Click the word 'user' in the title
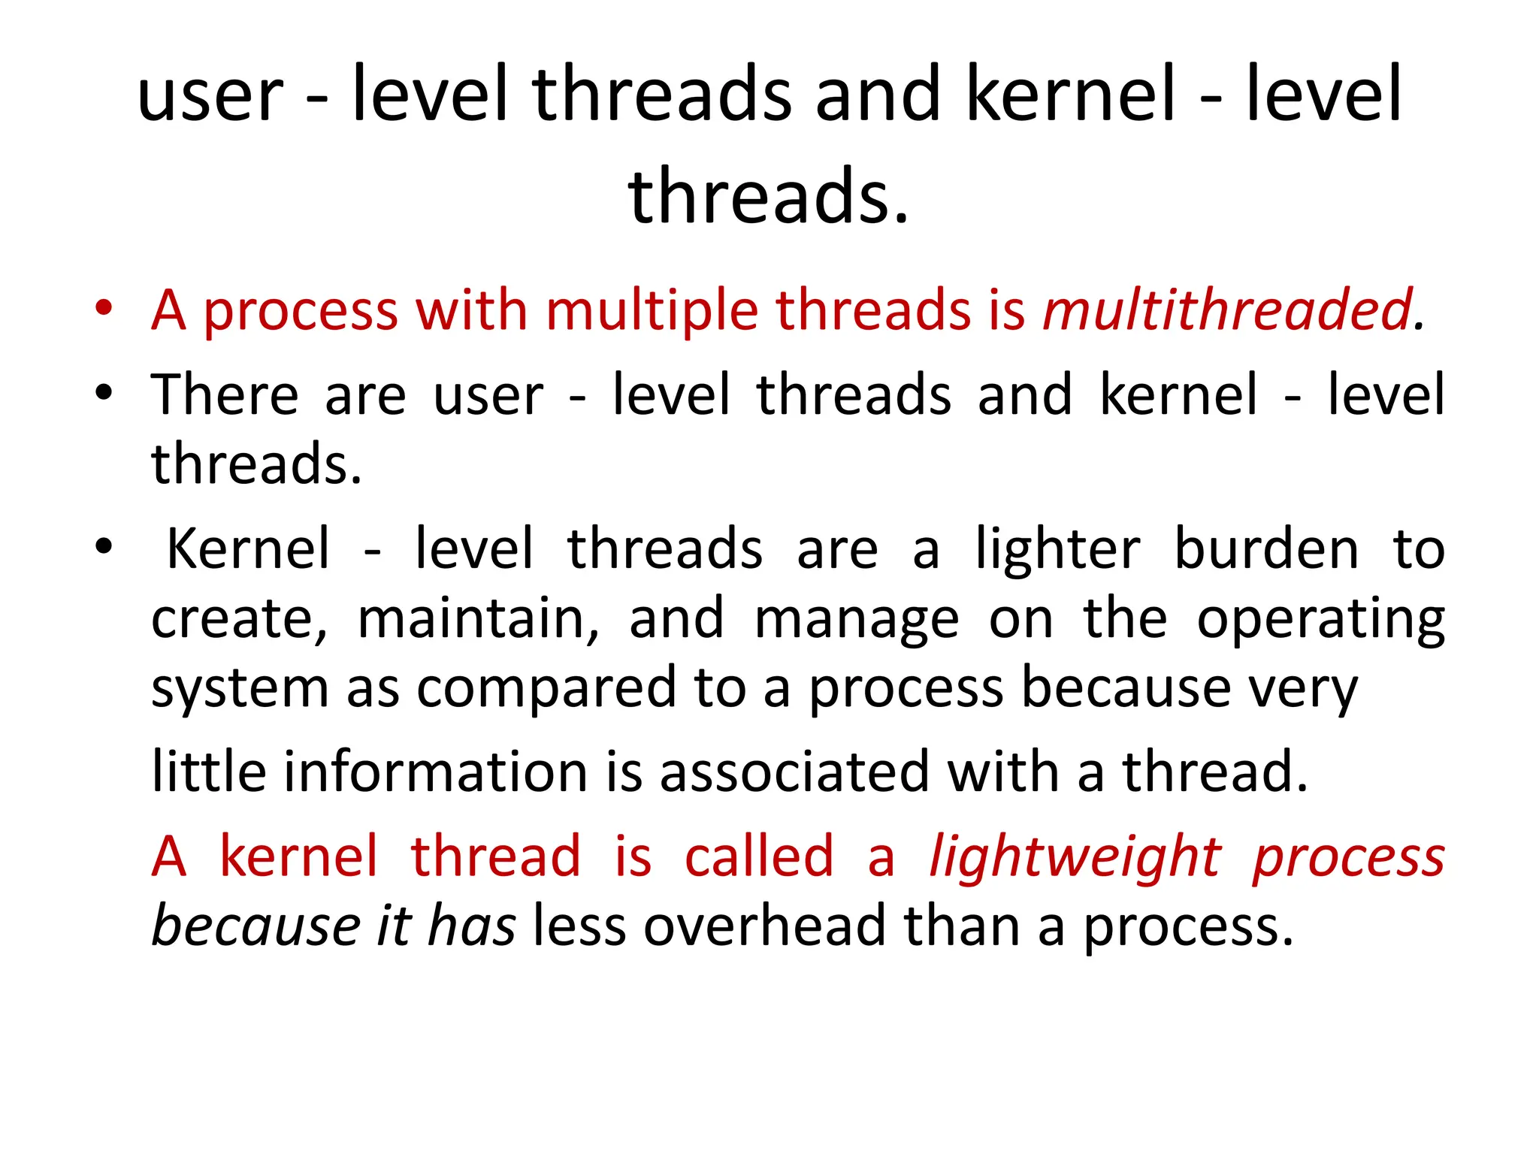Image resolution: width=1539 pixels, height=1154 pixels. [x=210, y=96]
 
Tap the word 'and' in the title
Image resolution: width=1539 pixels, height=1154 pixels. [x=878, y=95]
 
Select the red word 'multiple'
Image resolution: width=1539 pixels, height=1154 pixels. [x=652, y=311]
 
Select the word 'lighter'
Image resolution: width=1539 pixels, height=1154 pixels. [x=1057, y=549]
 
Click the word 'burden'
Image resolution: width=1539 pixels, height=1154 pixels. [x=1266, y=549]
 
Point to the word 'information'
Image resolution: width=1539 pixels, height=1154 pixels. [x=435, y=772]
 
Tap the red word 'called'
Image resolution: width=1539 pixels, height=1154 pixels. [x=759, y=856]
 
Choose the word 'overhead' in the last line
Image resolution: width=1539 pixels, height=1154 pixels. [x=764, y=926]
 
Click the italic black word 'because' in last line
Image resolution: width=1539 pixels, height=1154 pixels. [x=256, y=926]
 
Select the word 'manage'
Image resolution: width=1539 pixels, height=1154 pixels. [x=856, y=621]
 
